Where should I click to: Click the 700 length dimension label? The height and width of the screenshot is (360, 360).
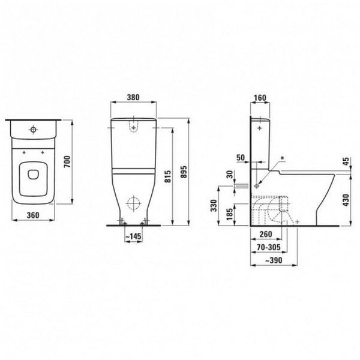tap(67, 161)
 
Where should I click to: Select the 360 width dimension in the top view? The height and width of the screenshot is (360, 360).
tap(33, 215)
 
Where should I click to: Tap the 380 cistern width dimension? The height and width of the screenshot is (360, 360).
tap(133, 97)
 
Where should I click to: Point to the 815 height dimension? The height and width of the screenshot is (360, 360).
tap(168, 176)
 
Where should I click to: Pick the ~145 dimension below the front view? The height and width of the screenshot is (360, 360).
tap(134, 236)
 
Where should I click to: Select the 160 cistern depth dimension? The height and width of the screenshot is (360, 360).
tap(260, 98)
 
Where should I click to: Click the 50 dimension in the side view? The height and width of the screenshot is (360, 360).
tap(241, 158)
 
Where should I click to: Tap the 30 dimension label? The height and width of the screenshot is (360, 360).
tap(230, 175)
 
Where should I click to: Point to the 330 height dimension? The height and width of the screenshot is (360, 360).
tap(214, 206)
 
